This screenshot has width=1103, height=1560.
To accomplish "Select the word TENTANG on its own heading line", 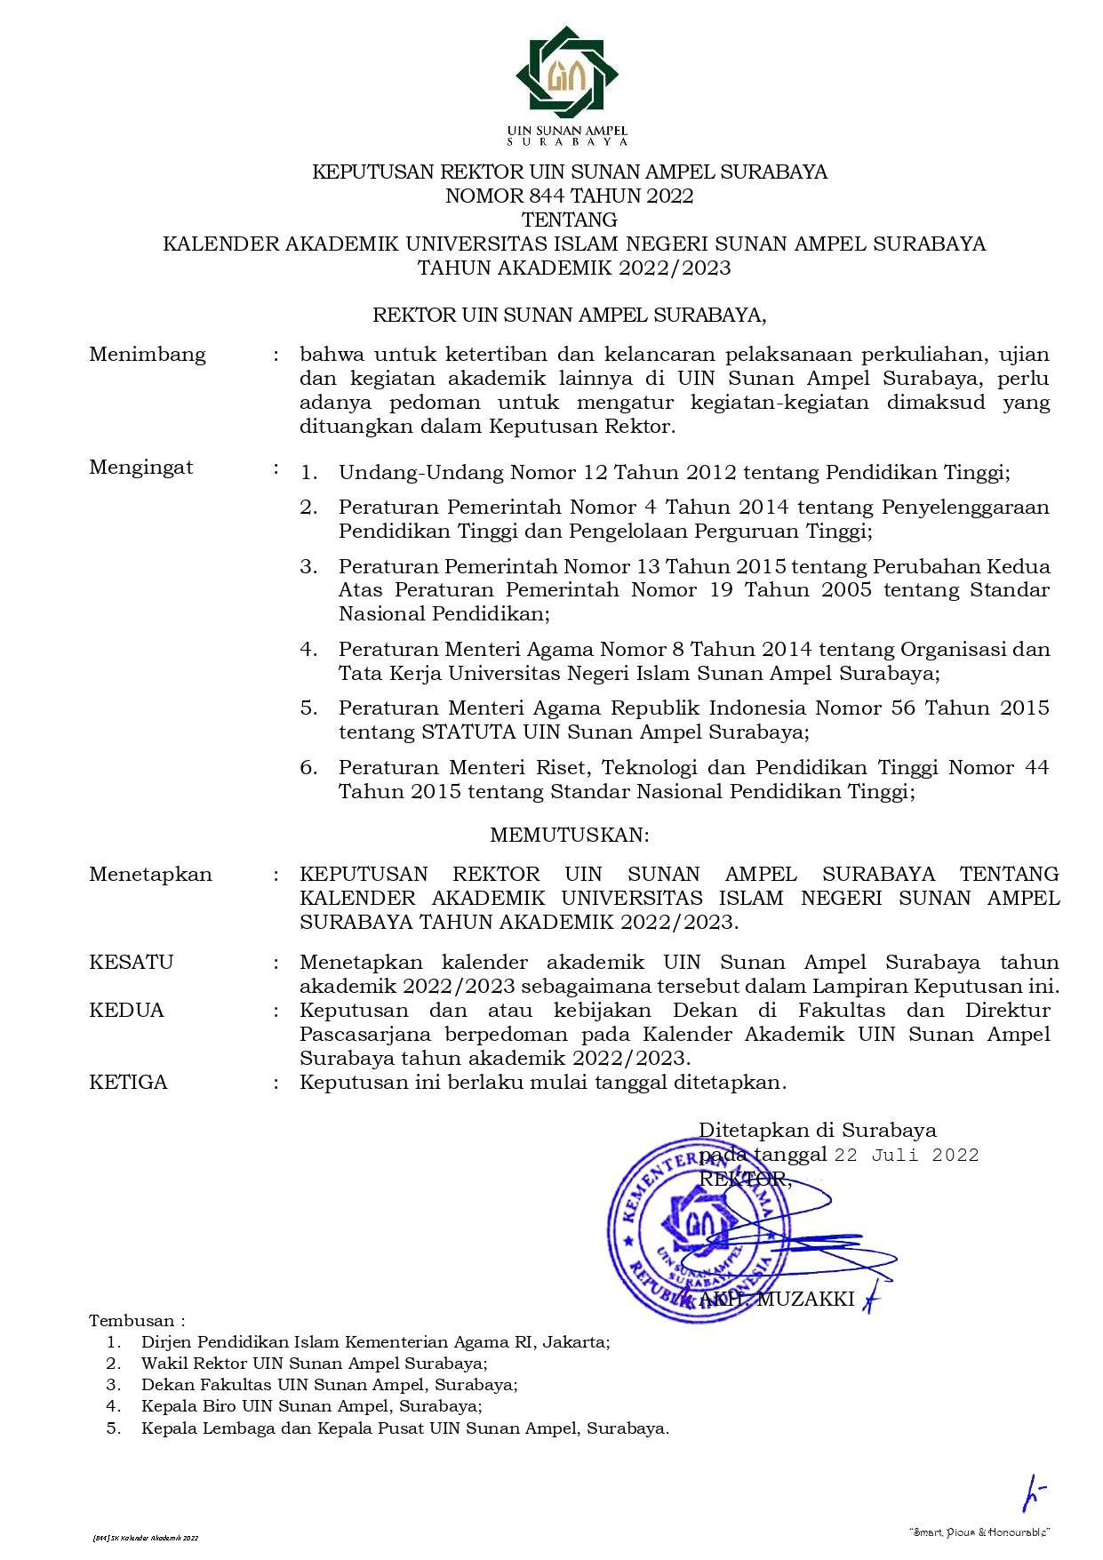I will [569, 220].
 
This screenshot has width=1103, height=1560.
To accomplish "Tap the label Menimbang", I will [148, 355].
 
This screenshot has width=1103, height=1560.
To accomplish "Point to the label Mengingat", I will [141, 468].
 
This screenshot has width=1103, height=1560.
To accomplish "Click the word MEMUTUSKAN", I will [570, 835].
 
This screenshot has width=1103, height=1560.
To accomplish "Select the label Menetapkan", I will [151, 875].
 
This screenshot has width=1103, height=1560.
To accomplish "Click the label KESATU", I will [132, 962].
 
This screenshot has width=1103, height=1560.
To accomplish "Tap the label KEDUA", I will [127, 1010].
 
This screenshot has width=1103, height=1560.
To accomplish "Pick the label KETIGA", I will [129, 1082].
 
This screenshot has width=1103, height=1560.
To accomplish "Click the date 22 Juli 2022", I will [907, 1155].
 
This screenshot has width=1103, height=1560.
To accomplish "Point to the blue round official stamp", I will [694, 1231].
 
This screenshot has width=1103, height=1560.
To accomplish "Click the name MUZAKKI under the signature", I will [805, 1299].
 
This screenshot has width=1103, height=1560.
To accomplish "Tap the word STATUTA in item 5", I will [468, 732].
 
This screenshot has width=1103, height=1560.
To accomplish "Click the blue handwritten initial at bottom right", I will [1033, 1493].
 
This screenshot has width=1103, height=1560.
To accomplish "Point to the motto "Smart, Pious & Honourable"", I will [980, 1532].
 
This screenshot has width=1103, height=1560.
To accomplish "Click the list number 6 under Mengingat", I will [308, 768].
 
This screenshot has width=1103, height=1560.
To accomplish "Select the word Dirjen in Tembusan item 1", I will [165, 1342].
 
